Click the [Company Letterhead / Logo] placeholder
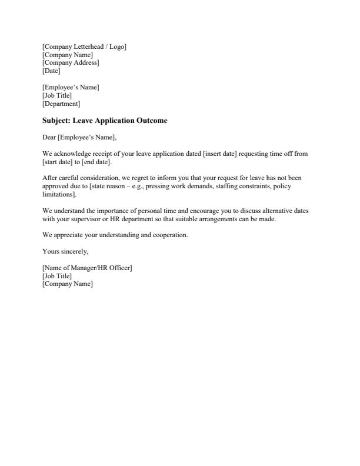[84, 46]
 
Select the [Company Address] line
[71, 63]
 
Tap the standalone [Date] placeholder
[51, 71]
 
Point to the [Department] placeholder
[61, 104]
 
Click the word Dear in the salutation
[49, 138]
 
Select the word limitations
[58, 195]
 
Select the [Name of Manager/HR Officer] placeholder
[87, 268]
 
